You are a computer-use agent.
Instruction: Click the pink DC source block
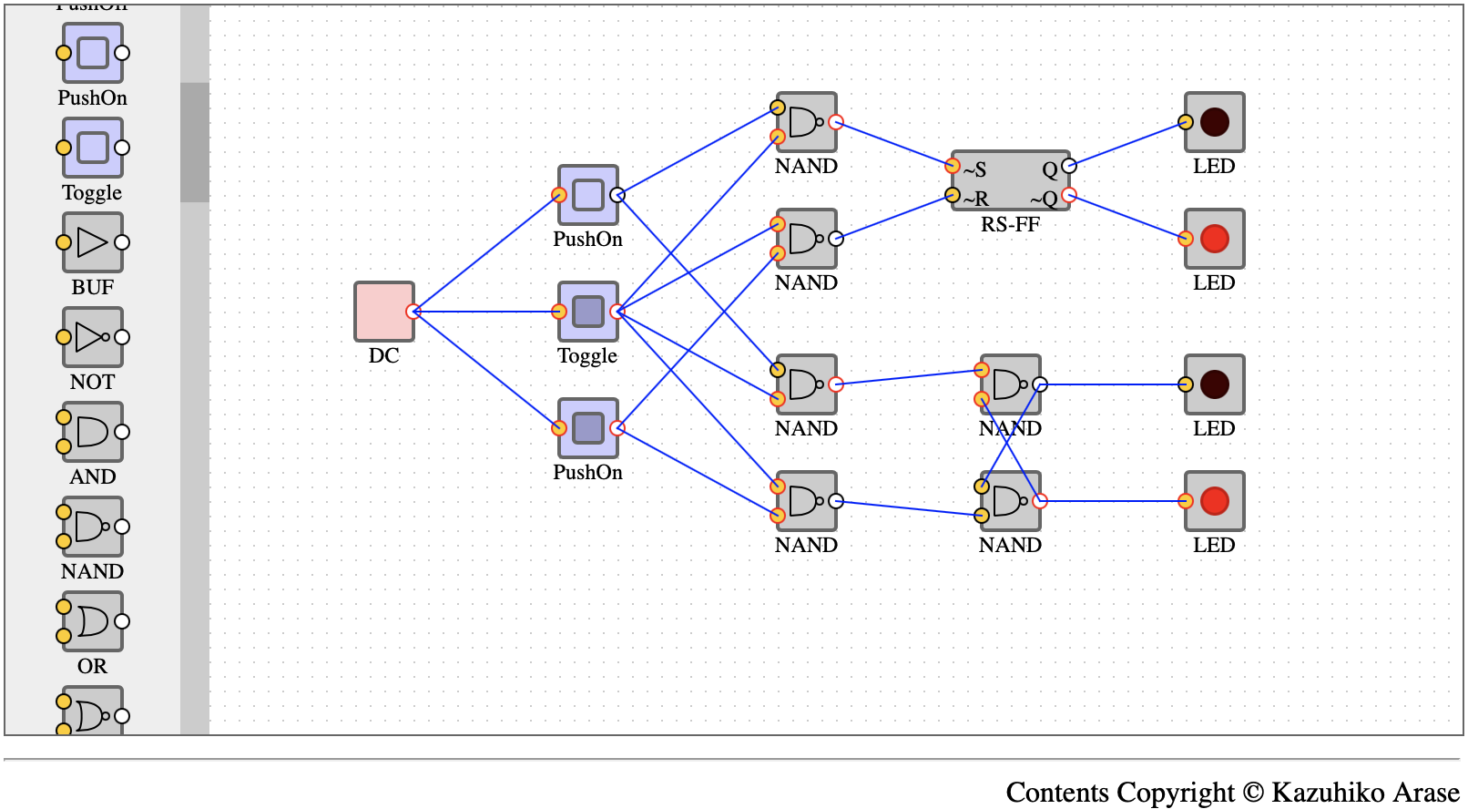click(x=384, y=312)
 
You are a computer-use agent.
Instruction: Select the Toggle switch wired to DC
click(x=588, y=312)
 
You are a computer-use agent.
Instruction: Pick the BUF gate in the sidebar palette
click(x=92, y=242)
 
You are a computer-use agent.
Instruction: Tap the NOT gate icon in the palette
click(x=92, y=337)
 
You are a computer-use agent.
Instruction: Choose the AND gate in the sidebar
click(x=92, y=432)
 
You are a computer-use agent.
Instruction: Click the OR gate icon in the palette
click(x=92, y=621)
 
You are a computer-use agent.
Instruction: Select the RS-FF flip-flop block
click(x=1011, y=180)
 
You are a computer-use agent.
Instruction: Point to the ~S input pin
click(x=953, y=166)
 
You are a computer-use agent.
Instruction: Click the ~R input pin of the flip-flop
click(x=953, y=195)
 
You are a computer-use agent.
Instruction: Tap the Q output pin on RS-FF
click(x=1069, y=166)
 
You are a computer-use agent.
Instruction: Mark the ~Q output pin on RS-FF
click(x=1069, y=195)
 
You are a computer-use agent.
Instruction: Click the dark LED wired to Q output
click(x=1214, y=122)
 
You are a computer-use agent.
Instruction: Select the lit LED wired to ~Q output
click(x=1214, y=239)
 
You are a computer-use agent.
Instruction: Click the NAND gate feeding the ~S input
click(x=807, y=122)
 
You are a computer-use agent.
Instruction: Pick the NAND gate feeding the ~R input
click(x=807, y=239)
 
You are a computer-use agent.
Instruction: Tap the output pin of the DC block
click(x=413, y=312)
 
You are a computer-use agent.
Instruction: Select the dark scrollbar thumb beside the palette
click(x=195, y=142)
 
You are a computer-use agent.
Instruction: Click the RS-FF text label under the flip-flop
click(x=1011, y=224)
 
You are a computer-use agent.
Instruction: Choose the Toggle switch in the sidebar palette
click(x=92, y=148)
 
